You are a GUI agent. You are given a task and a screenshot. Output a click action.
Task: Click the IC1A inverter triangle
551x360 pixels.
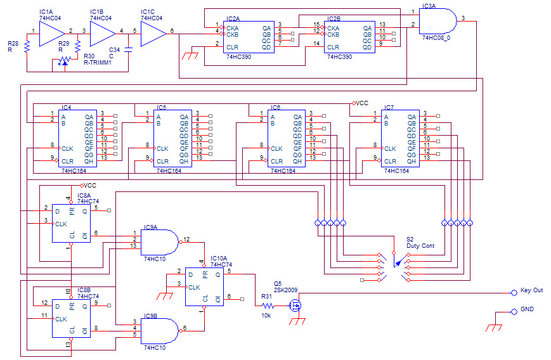(x=51, y=34)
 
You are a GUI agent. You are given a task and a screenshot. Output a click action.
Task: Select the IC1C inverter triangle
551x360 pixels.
(x=153, y=34)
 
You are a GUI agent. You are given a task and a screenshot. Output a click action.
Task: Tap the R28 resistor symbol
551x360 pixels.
(x=27, y=47)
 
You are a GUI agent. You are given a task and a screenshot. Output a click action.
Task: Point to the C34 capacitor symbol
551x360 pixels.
(x=128, y=49)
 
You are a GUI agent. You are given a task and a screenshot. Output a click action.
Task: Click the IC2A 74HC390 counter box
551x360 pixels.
(x=249, y=37)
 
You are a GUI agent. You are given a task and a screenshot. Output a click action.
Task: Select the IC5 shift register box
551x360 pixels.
(x=172, y=138)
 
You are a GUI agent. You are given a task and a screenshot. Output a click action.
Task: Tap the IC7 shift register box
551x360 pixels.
(x=400, y=138)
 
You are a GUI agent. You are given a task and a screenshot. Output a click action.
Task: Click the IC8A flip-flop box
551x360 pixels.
(x=72, y=223)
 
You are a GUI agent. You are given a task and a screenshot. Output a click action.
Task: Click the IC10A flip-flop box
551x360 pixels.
(x=205, y=286)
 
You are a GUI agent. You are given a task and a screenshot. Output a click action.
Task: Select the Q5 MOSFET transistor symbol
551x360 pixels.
(x=295, y=305)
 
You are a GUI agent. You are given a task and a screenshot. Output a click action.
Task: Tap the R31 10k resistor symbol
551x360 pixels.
(x=268, y=305)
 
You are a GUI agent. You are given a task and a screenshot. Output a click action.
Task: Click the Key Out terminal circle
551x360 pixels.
(x=514, y=293)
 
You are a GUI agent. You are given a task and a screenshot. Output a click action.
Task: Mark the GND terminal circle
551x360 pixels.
(x=514, y=312)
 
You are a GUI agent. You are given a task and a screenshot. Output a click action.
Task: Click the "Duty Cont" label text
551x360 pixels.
(x=420, y=246)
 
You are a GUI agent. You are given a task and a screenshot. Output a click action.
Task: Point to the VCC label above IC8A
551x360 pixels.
(x=90, y=186)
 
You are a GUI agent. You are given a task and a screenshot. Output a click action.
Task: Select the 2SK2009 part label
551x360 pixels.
(x=286, y=290)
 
